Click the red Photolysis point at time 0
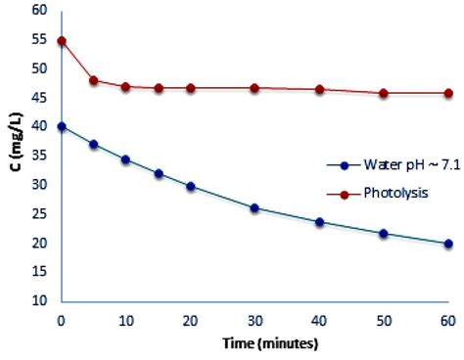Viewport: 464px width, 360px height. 61,41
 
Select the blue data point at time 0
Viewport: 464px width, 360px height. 61,126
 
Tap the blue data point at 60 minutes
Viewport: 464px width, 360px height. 447,244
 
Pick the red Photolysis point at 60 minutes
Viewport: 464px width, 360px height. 447,93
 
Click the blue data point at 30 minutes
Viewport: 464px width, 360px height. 255,207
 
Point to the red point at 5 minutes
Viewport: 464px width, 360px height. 93,80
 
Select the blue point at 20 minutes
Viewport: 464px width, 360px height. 190,186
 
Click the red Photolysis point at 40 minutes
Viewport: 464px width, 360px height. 319,89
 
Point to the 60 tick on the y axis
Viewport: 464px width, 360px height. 39,11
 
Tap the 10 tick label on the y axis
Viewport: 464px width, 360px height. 39,301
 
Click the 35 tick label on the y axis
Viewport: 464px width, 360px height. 39,156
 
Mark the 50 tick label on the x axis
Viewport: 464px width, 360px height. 383,320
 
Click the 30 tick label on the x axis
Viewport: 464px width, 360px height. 255,320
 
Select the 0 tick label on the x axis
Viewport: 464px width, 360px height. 61,320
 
